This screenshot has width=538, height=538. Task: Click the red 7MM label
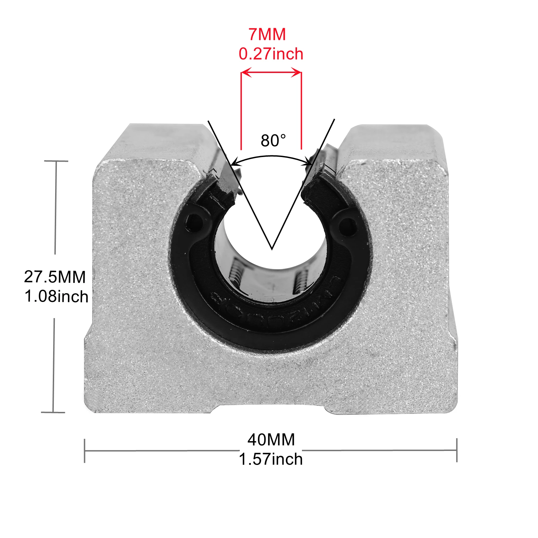267,34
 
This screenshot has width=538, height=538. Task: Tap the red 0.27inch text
271,54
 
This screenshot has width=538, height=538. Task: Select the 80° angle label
273,140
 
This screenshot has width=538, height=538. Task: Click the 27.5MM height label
55,277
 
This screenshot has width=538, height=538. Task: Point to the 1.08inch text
56,296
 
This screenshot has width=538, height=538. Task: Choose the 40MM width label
271,439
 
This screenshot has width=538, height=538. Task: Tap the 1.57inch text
271,459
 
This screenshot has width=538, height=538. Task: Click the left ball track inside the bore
235,271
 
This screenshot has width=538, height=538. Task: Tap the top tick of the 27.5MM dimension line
56,161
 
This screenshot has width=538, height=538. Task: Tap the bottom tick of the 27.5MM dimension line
53,412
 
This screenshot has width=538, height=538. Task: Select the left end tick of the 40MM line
85,451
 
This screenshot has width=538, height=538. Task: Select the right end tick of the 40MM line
457,450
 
